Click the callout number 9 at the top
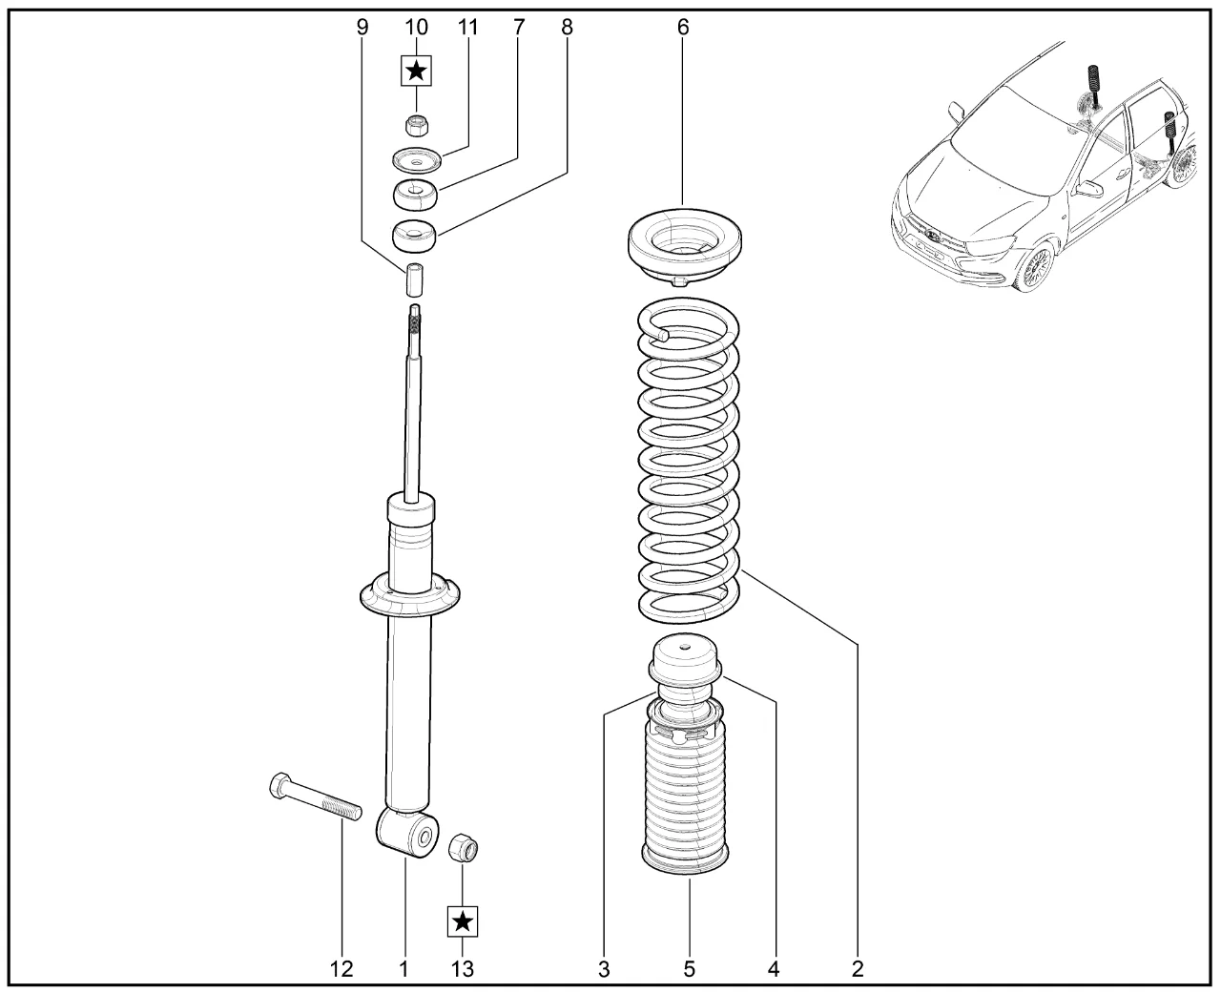click(362, 28)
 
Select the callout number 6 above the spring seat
click(683, 28)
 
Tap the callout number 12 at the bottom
click(341, 970)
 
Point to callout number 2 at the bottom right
click(857, 970)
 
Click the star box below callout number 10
click(416, 71)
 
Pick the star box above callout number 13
click(463, 921)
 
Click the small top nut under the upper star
click(415, 125)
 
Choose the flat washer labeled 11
click(415, 159)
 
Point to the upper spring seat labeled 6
click(685, 247)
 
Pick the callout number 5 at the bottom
click(689, 970)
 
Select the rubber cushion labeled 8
click(415, 235)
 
